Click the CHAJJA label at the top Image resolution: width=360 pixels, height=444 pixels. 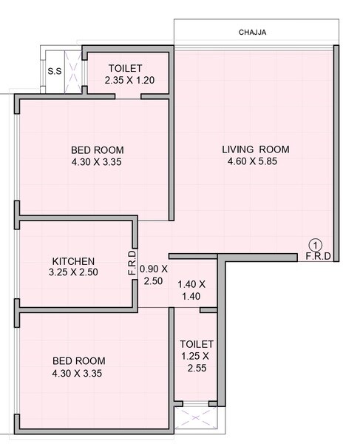click(252, 33)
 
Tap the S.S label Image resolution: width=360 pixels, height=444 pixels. click(54, 72)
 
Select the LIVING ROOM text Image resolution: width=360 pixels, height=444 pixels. click(255, 149)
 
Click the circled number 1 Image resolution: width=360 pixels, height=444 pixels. click(316, 245)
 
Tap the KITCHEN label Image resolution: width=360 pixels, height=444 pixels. click(73, 261)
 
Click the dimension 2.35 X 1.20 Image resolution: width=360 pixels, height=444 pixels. click(130, 79)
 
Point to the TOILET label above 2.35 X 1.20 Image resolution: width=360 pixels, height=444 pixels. click(129, 68)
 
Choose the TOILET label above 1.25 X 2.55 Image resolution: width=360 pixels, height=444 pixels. click(197, 345)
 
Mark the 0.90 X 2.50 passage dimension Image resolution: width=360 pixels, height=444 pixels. click(154, 275)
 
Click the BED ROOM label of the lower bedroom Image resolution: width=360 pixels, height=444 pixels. click(78, 361)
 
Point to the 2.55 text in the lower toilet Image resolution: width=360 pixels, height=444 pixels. click(197, 367)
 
